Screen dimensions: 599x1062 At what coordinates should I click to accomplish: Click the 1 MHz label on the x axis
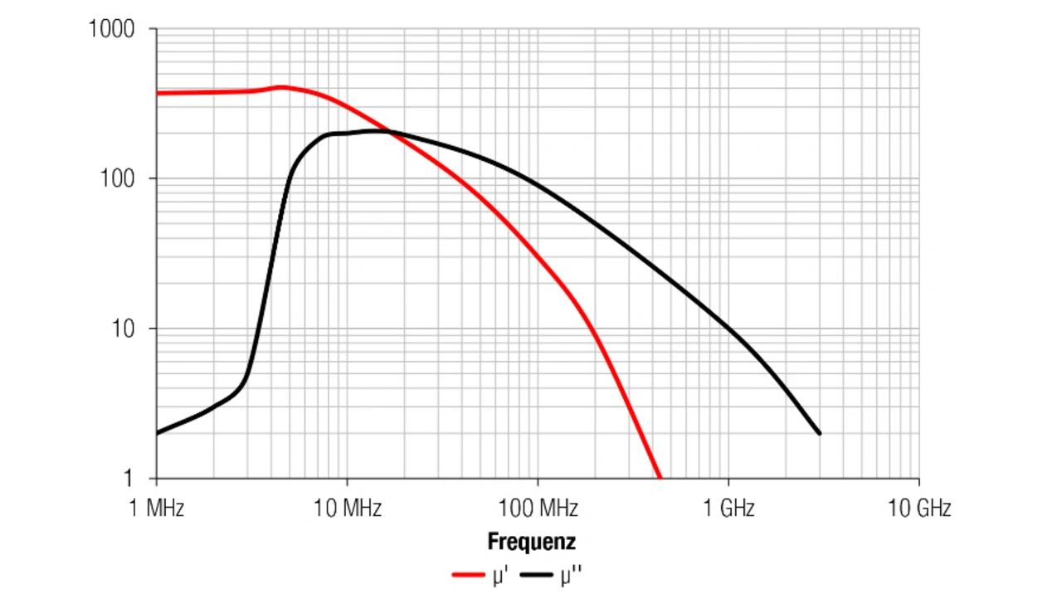157,508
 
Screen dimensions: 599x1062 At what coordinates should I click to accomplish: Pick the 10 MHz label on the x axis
347,508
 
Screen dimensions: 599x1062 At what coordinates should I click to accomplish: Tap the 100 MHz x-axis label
538,508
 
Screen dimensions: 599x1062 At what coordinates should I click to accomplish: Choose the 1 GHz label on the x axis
728,508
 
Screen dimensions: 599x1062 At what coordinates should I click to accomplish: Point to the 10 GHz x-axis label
918,508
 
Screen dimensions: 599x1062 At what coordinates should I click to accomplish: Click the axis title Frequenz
531,543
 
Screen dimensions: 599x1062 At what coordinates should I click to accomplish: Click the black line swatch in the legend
538,574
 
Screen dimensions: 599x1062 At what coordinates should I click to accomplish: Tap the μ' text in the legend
499,574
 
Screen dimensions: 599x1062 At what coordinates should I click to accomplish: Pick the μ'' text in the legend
571,574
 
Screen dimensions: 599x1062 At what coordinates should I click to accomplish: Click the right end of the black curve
820,433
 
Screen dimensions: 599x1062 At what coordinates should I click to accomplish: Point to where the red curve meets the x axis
660,478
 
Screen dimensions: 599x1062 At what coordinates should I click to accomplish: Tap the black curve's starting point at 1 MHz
158,433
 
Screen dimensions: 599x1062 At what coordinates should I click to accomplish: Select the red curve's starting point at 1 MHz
158,93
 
